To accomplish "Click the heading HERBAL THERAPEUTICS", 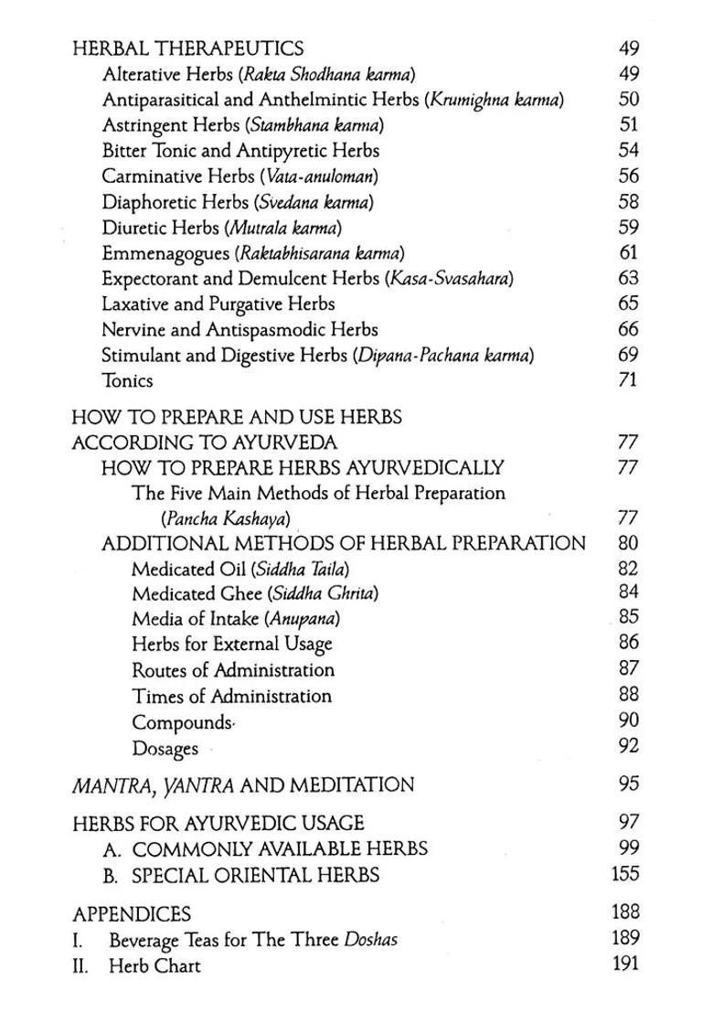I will coord(187,48).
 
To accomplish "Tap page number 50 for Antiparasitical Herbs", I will coord(628,100).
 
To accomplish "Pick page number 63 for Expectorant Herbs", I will coord(628,278).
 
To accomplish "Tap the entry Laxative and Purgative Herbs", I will coord(218,304).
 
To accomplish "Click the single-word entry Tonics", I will coord(127,381).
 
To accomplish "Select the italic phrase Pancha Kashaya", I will coord(226,519).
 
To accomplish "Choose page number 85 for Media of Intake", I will coord(628,617).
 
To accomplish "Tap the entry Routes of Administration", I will coord(233,671).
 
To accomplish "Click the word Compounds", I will coord(182,722).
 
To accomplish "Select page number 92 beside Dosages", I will coord(628,747).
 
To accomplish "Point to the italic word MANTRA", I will coord(107,784).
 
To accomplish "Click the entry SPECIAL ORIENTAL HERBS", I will coord(255,875).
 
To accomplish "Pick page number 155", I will coord(625,874).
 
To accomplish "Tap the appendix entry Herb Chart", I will coord(154,965).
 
